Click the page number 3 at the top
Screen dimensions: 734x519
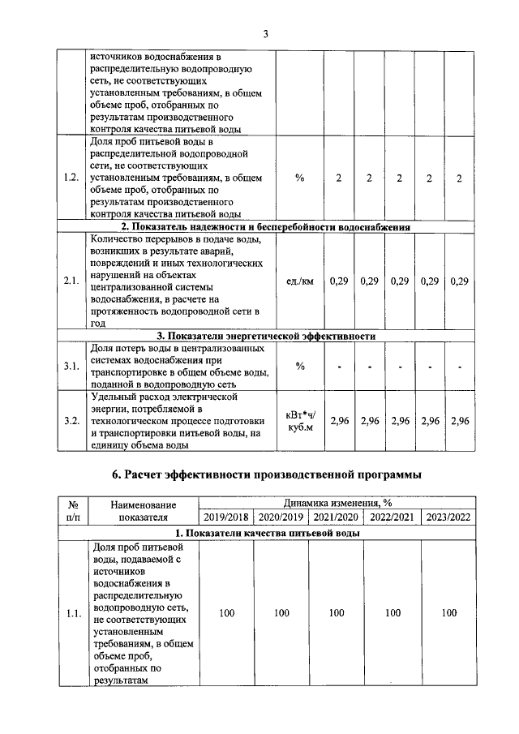pos(265,33)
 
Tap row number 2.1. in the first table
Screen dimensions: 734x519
pos(71,281)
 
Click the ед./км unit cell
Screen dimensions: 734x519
pos(300,281)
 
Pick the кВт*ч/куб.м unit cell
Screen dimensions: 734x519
pos(300,421)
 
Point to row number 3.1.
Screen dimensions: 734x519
pos(71,366)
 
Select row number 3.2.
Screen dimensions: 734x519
pos(71,421)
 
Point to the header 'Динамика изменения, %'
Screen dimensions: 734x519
pos(337,503)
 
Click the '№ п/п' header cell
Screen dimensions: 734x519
pos(71,510)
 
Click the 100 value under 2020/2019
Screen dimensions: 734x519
pos(281,613)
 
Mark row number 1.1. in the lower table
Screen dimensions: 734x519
pos(71,613)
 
